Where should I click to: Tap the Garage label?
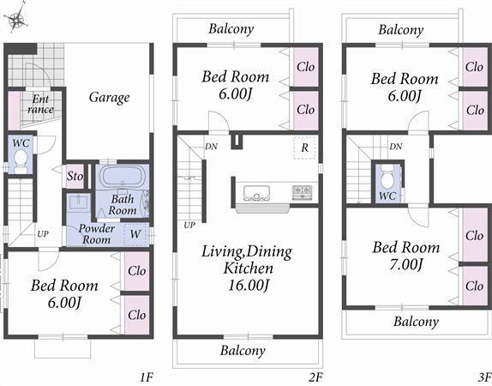coord(109,97)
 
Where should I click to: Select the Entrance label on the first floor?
coord(39,104)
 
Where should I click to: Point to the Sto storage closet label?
coord(75,176)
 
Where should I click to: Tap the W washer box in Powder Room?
coord(135,233)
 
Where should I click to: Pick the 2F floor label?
coord(315,375)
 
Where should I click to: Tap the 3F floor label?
coord(483,375)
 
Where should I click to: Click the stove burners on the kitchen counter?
coord(302,192)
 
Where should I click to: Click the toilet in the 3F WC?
coord(388,181)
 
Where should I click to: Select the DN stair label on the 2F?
coord(211,147)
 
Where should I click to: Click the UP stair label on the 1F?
coord(41,232)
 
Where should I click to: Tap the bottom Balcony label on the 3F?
coord(416,322)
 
